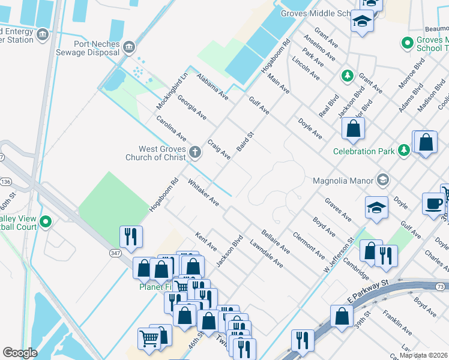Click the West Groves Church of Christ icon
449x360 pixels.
194,152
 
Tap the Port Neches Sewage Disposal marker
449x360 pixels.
128,47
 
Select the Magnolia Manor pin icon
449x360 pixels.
382,180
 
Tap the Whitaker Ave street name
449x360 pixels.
203,191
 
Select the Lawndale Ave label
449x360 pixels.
267,254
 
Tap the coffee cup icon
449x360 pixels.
433,203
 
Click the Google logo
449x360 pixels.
20,353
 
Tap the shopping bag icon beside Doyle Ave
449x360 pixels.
354,128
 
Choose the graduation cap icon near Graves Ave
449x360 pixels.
376,208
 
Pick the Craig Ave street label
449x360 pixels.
218,149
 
